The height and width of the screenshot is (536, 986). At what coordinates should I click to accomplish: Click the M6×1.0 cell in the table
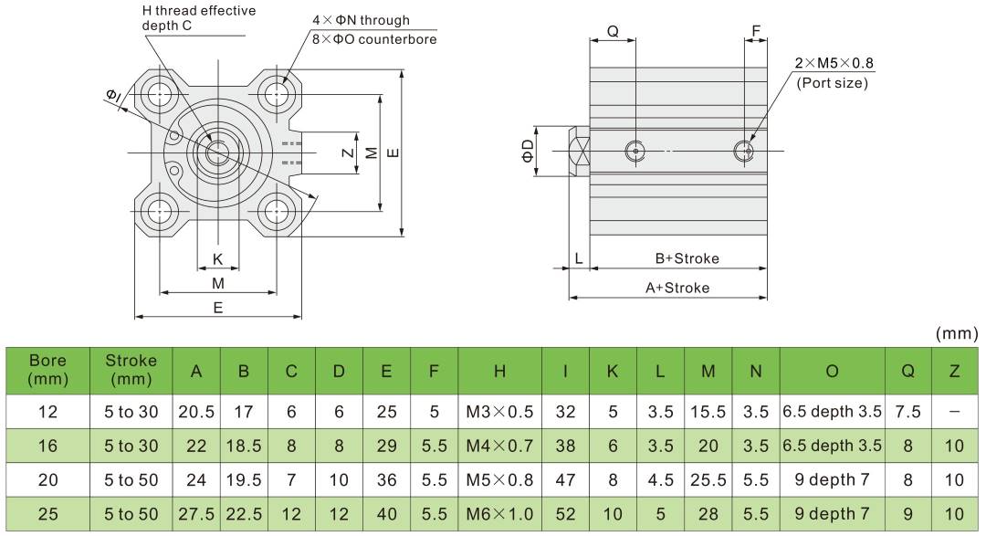(499, 514)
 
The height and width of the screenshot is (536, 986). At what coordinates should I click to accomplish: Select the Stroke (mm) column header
(131, 369)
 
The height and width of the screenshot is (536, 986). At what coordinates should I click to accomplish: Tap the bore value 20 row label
(48, 479)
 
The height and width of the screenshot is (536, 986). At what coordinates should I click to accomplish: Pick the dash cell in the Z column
(954, 412)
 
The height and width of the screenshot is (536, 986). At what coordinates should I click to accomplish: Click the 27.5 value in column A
(196, 514)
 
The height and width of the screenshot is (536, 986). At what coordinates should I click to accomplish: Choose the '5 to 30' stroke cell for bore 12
(131, 412)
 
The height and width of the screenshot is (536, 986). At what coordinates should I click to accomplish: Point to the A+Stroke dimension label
(677, 288)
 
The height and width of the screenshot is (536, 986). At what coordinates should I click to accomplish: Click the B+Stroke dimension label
(687, 258)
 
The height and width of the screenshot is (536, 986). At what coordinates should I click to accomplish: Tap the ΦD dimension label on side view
(529, 151)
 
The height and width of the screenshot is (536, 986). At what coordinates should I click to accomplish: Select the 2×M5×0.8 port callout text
(834, 63)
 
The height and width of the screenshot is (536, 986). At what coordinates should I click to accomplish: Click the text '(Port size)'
(832, 82)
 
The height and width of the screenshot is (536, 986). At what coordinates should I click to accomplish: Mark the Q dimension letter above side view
(613, 31)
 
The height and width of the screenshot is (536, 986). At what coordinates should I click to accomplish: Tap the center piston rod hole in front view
(217, 152)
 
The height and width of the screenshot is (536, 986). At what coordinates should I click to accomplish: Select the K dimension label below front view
(217, 259)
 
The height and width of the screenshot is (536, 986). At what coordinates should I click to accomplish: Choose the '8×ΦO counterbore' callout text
(374, 39)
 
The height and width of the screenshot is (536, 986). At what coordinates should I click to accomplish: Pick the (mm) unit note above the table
(957, 333)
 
